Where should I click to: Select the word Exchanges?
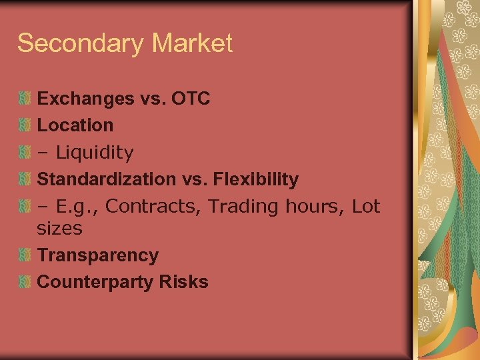pyautogui.click(x=85, y=99)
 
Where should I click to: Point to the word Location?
pyautogui.click(x=75, y=125)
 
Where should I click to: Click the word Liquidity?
pyautogui.click(x=95, y=153)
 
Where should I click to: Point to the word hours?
pyautogui.click(x=309, y=207)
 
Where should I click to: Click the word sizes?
pyautogui.click(x=59, y=229)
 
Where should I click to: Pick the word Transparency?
pyautogui.click(x=98, y=255)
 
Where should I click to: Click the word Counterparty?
pyautogui.click(x=95, y=282)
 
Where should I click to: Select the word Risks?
pyautogui.click(x=183, y=282)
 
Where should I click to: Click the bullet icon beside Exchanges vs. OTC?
pyautogui.click(x=25, y=99)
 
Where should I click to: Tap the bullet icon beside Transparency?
pyautogui.click(x=25, y=255)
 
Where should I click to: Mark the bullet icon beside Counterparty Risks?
pyautogui.click(x=25, y=282)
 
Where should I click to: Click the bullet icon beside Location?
pyautogui.click(x=25, y=125)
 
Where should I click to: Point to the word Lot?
pyautogui.click(x=365, y=207)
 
